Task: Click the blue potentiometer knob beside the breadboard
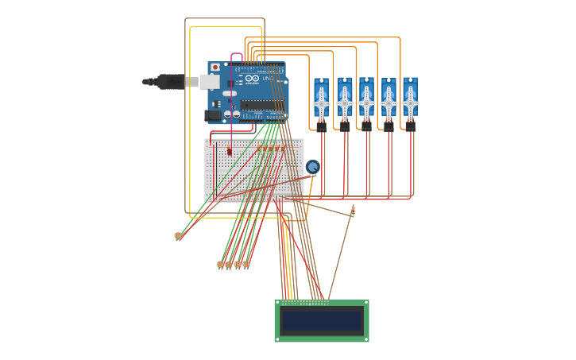[312, 167]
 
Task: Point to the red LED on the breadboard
[230, 151]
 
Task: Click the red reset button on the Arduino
[215, 68]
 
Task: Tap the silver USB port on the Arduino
[209, 82]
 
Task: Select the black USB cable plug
[169, 81]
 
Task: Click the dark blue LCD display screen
[322, 320]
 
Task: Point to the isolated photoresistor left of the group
[177, 236]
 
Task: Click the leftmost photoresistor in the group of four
[220, 265]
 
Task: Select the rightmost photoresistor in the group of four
[246, 265]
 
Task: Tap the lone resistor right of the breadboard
[352, 211]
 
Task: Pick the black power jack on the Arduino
[212, 115]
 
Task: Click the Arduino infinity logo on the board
[252, 79]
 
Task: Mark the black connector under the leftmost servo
[321, 126]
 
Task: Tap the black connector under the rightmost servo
[410, 126]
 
